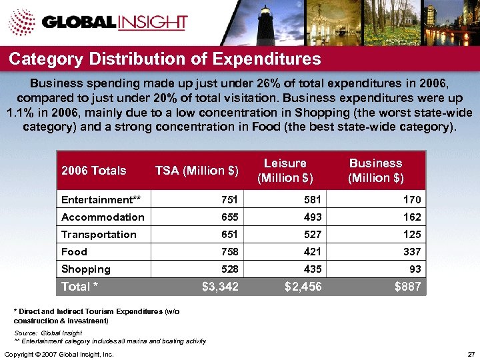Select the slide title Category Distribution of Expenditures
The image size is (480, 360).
pyautogui.click(x=165, y=59)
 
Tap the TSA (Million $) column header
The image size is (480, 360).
pyautogui.click(x=197, y=171)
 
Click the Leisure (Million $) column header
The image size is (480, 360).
pyautogui.click(x=285, y=171)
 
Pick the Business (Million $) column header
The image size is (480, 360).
pyautogui.click(x=375, y=171)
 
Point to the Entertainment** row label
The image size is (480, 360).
pyautogui.click(x=105, y=199)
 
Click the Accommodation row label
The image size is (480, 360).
pyautogui.click(x=103, y=217)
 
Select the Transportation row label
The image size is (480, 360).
pyautogui.click(x=99, y=234)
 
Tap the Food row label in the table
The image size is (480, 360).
pyautogui.click(x=74, y=251)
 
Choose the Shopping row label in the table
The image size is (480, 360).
pyautogui.click(x=86, y=269)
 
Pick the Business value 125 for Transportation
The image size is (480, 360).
pyautogui.click(x=412, y=234)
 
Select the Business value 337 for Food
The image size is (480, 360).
pyautogui.click(x=411, y=251)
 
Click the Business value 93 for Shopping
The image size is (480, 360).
pyautogui.click(x=415, y=269)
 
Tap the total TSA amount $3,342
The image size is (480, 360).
pyautogui.click(x=219, y=287)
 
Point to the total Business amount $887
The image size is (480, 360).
pyautogui.click(x=407, y=287)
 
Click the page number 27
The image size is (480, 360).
pyautogui.click(x=471, y=353)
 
